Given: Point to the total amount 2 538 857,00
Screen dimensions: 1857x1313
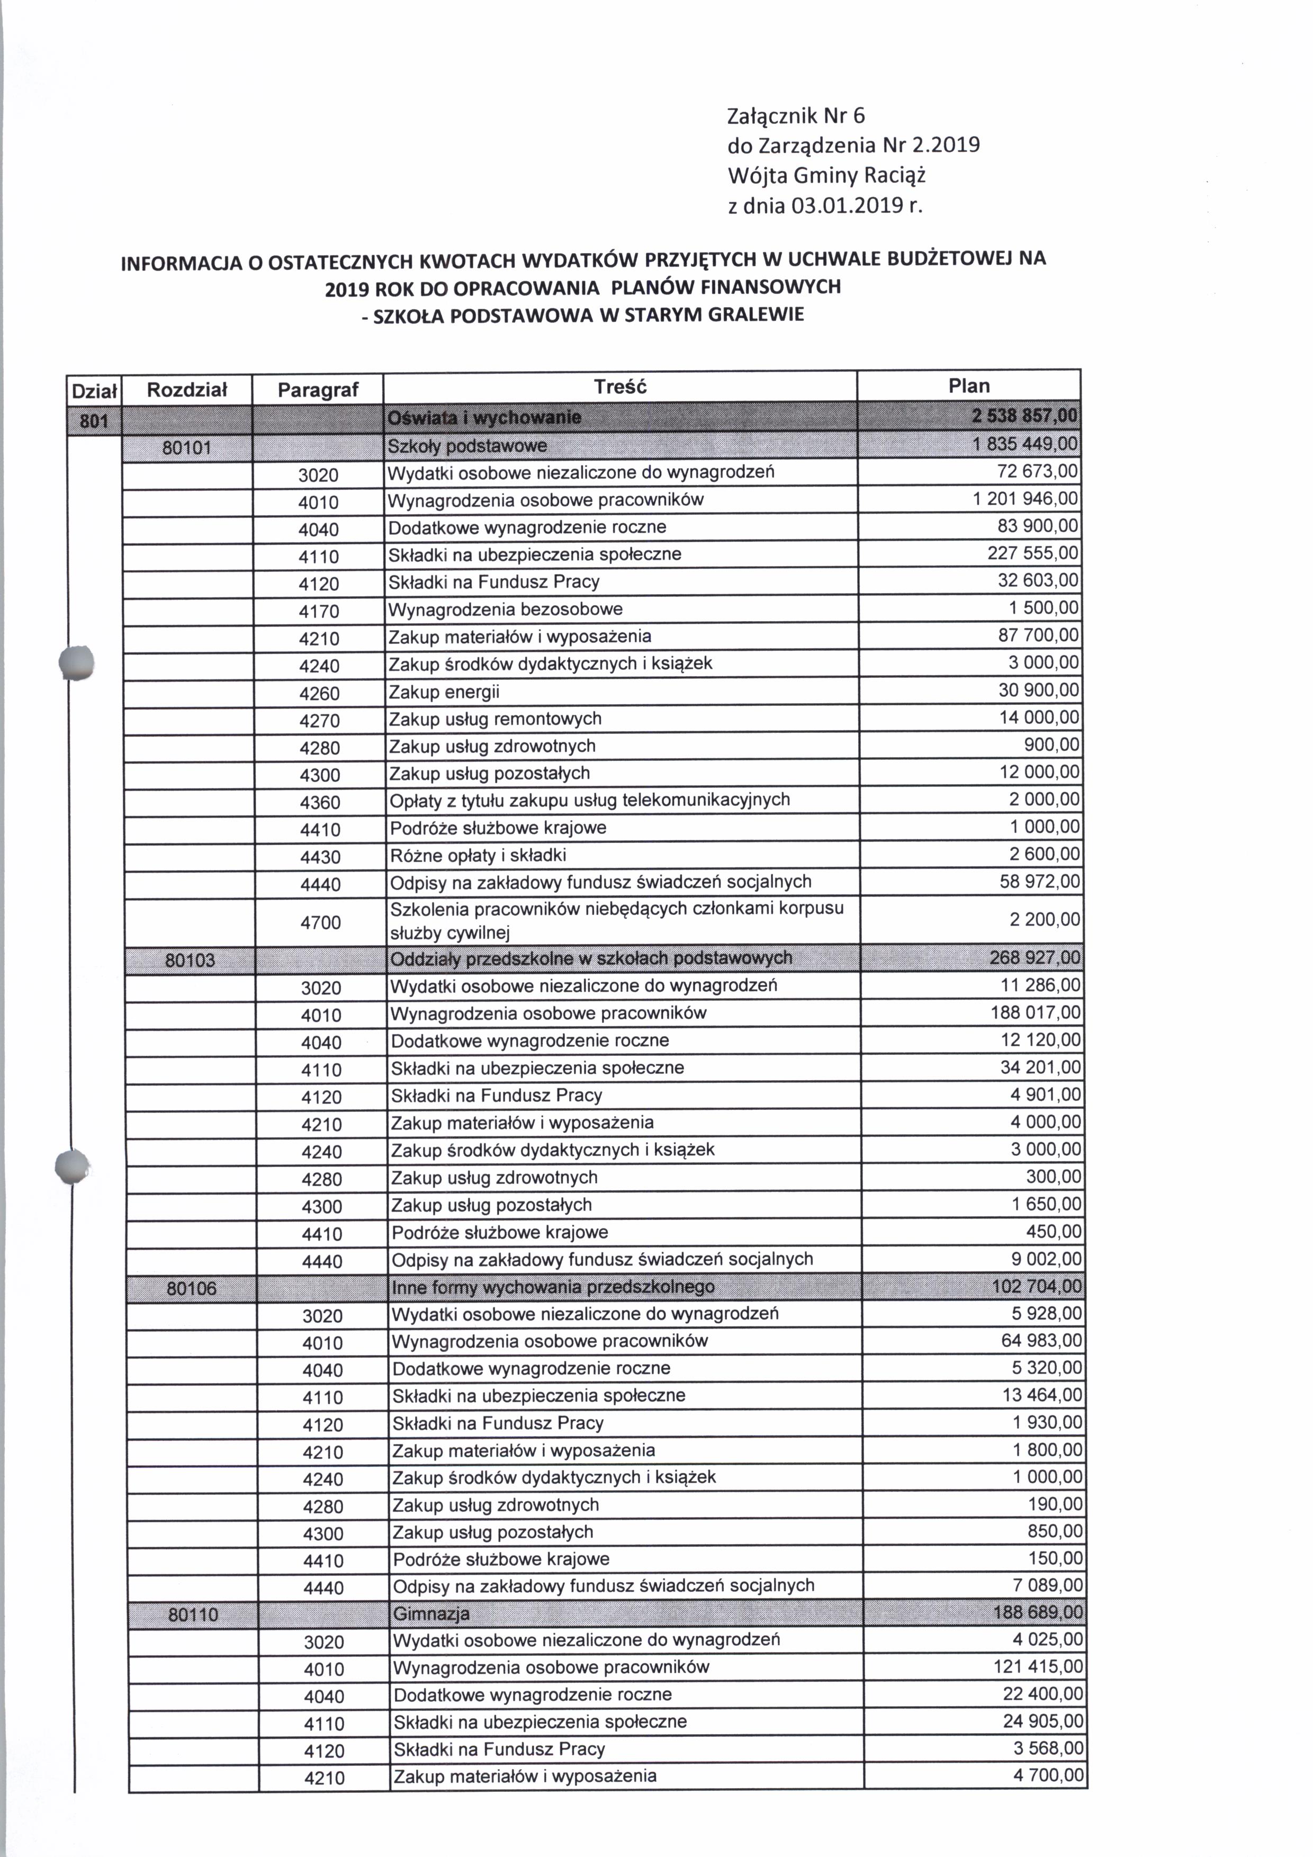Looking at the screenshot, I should pos(1025,417).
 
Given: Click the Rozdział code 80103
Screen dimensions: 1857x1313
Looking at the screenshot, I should pos(190,960).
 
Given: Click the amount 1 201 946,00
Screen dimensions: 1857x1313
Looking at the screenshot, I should pos(1025,499).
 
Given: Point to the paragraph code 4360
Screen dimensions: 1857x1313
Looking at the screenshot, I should pos(319,802).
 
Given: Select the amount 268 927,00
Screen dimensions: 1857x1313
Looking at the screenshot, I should pos(1035,958).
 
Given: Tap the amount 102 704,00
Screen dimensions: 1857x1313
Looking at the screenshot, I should pos(1037,1286).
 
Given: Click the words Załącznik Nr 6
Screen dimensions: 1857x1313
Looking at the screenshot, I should pos(796,115).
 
